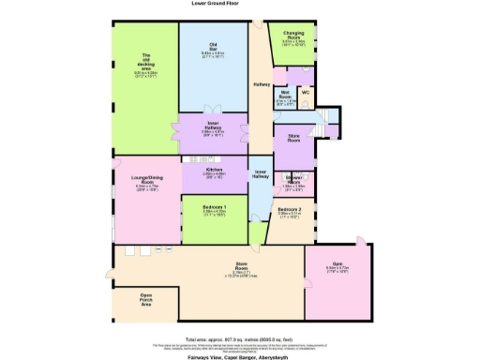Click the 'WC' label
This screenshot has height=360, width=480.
(307, 92)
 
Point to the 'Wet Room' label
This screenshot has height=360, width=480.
(283, 97)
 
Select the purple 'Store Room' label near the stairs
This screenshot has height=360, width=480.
(292, 140)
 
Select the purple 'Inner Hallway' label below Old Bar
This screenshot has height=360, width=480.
(214, 127)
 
